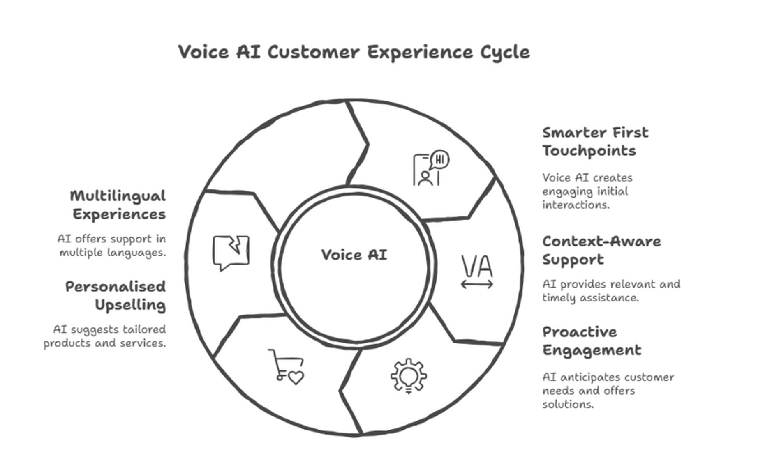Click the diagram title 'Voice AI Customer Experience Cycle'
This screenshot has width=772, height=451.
coord(354,52)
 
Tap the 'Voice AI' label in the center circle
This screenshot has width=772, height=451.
coord(354,255)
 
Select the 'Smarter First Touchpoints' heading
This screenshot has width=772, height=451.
coord(595,141)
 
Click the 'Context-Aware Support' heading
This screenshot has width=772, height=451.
coord(601,250)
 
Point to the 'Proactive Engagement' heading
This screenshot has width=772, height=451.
coord(592,341)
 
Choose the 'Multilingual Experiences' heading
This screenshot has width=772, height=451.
coord(118,205)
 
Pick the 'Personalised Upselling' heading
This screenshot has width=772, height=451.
coord(116,295)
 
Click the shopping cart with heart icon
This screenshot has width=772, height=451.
coord(286,366)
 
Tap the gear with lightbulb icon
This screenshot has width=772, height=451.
coord(408,376)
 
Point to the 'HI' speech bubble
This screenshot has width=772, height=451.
coord(439,159)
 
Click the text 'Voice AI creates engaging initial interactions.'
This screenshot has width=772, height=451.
coord(587,191)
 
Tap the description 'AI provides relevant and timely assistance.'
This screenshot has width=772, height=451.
coord(611,291)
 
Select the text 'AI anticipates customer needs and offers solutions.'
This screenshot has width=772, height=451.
coord(608,390)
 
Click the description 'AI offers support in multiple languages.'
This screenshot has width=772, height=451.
coord(112,246)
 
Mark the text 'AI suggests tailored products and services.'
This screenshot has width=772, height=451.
coord(105,336)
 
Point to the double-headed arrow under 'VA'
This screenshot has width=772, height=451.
coord(477,284)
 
